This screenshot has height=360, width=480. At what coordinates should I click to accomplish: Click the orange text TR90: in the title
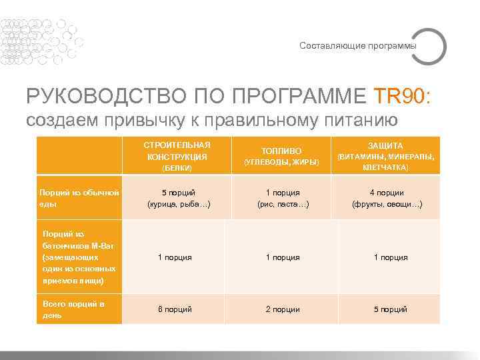click(x=407, y=95)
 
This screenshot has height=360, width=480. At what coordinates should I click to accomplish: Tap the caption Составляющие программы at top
click(x=357, y=46)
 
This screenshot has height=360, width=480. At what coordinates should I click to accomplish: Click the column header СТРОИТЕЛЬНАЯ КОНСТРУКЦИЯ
click(x=177, y=151)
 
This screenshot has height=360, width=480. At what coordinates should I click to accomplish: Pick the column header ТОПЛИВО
click(x=281, y=151)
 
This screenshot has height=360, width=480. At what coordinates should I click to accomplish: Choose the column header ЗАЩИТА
click(x=385, y=145)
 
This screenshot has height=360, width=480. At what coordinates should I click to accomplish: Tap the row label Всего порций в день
click(x=73, y=309)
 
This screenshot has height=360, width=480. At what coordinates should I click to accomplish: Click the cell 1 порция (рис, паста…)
click(x=283, y=199)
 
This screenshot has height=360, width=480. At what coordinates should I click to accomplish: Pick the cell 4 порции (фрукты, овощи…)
click(x=387, y=199)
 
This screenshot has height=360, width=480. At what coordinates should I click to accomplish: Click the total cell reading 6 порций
click(x=175, y=309)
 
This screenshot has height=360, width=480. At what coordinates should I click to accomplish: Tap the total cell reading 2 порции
click(x=283, y=309)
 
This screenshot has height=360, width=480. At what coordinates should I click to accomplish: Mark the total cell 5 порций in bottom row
click(x=390, y=309)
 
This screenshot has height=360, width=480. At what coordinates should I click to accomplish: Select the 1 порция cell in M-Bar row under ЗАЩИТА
click(x=390, y=257)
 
